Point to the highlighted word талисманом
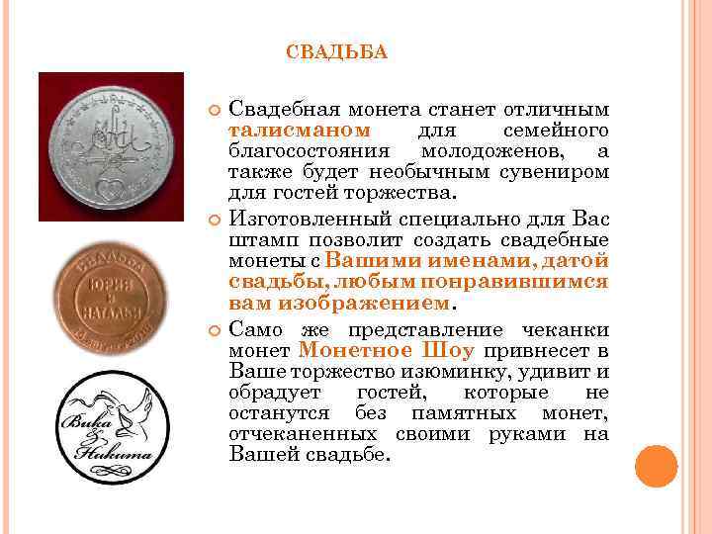[x=300, y=132]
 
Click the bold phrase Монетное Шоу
[x=386, y=351]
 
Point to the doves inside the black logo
[x=107, y=408]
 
